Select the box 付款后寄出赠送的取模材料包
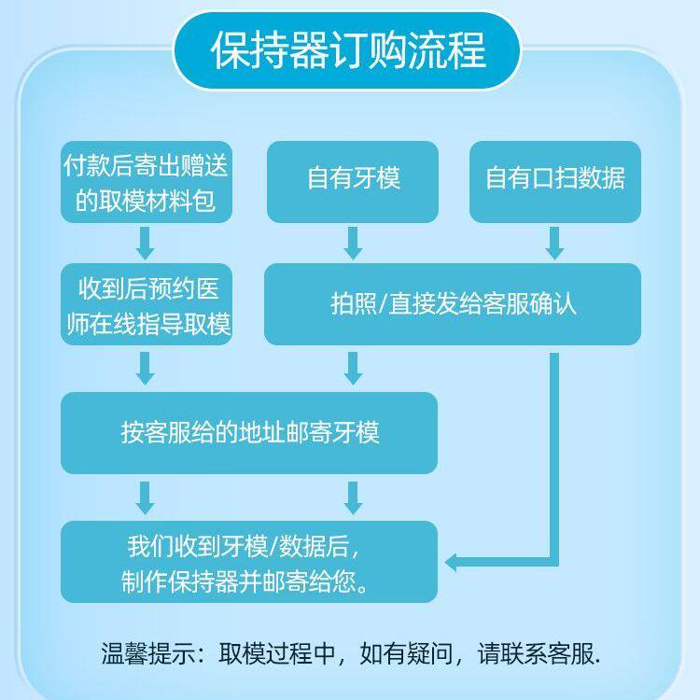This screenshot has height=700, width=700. click(146, 182)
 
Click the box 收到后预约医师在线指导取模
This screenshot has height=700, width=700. click(146, 304)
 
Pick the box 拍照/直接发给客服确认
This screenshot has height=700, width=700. click(453, 304)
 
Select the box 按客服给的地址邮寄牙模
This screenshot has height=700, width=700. click(249, 432)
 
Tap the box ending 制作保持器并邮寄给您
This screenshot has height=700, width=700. click(249, 562)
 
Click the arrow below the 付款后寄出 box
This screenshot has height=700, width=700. click(146, 244)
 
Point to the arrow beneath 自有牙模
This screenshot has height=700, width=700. click(353, 244)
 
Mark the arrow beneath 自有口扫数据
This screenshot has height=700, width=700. click(554, 244)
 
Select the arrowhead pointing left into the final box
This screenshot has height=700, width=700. click(452, 563)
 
